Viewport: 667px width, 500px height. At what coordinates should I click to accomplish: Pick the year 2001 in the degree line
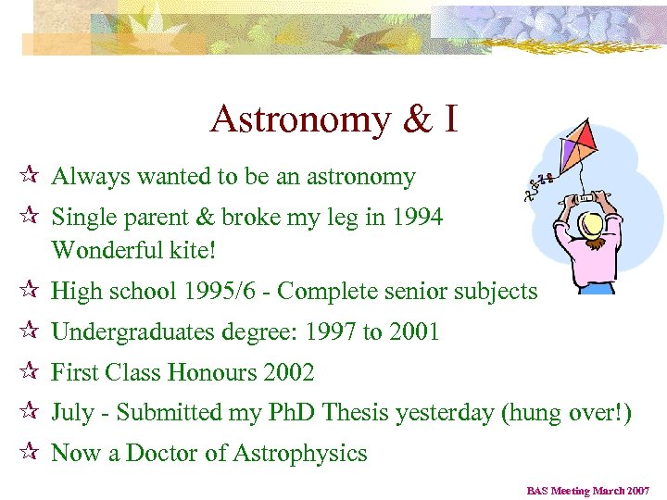point(411,331)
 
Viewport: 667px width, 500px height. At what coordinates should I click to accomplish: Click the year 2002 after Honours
point(289,372)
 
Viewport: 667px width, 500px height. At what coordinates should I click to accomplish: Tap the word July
point(72,413)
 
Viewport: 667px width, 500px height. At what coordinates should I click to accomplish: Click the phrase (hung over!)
point(566,413)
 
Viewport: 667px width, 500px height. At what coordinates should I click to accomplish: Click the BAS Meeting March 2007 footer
point(588,491)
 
